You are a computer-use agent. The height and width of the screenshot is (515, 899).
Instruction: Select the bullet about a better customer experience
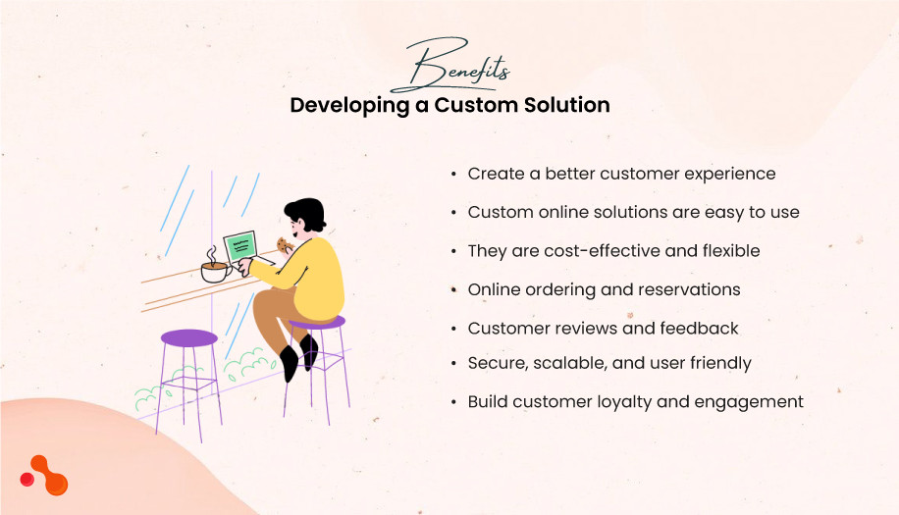[621, 174]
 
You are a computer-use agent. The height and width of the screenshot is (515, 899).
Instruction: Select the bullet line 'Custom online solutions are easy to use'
[633, 212]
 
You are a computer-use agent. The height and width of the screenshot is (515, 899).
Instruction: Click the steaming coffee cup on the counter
[214, 271]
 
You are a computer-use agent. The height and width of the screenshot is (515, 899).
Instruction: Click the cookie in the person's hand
[284, 244]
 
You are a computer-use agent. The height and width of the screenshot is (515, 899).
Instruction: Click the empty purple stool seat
[188, 338]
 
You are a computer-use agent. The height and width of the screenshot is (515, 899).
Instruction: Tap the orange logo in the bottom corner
[44, 476]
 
